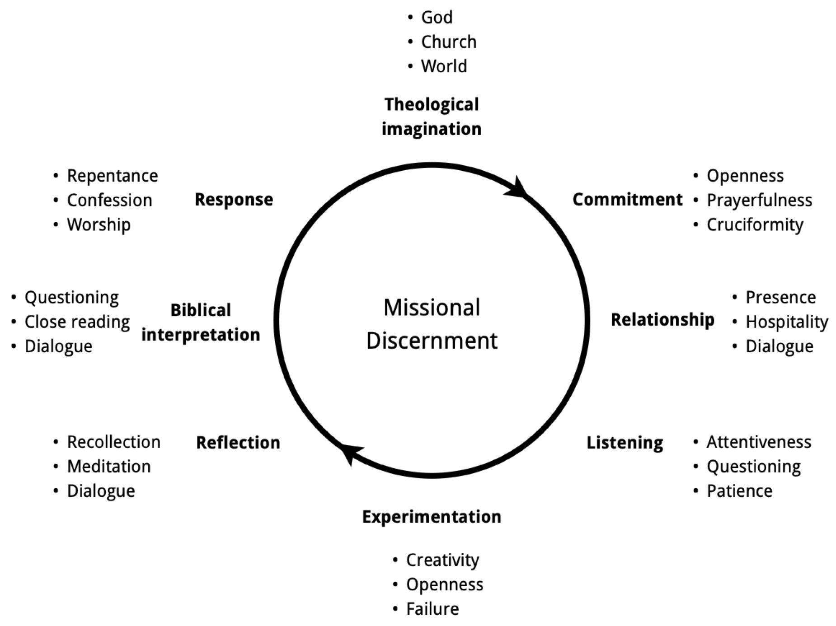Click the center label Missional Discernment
click(x=432, y=324)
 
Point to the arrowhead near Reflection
click(x=350, y=453)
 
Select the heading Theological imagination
click(x=432, y=117)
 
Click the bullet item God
click(x=437, y=18)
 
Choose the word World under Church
click(x=444, y=66)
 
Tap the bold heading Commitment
click(x=627, y=200)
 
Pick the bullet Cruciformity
click(x=755, y=225)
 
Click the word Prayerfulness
click(x=759, y=201)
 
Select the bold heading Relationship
click(x=662, y=320)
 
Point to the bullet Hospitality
click(x=786, y=322)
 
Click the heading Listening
click(x=625, y=443)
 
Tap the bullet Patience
click(x=739, y=491)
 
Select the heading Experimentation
click(x=432, y=517)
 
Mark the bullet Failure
click(x=432, y=609)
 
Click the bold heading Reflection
click(x=238, y=443)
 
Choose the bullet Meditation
click(x=108, y=467)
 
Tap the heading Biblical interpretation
click(x=201, y=322)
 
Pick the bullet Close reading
click(x=77, y=322)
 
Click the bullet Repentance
click(x=112, y=176)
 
